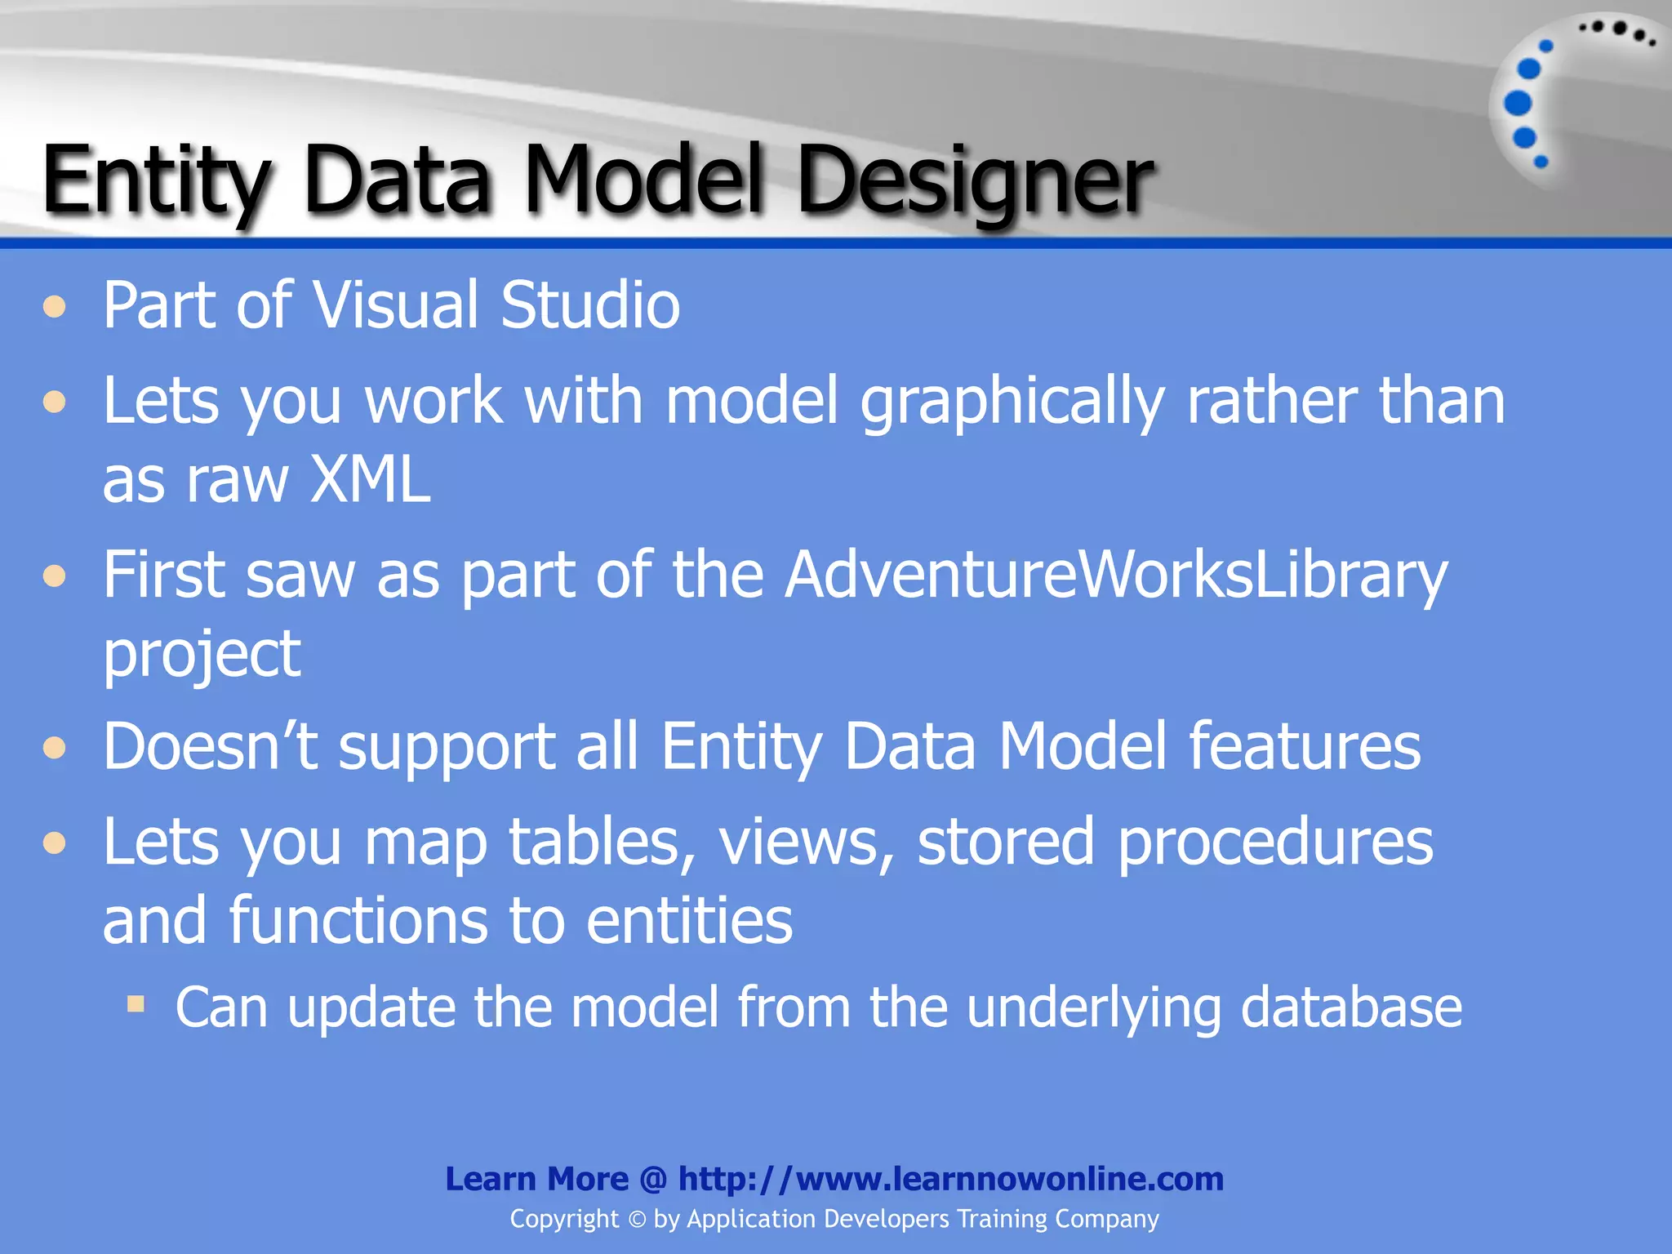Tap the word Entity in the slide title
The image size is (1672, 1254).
pyautogui.click(x=155, y=181)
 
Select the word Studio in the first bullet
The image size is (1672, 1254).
pyautogui.click(x=589, y=305)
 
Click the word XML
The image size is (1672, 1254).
pyautogui.click(x=370, y=480)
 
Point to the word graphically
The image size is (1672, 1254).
pyautogui.click(x=1012, y=402)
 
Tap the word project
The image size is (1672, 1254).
pyautogui.click(x=202, y=656)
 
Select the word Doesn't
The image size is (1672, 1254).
pyautogui.click(x=210, y=746)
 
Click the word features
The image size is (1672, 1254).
pyautogui.click(x=1304, y=746)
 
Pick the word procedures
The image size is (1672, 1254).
pyautogui.click(x=1274, y=842)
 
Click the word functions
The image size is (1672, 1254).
pyautogui.click(x=356, y=921)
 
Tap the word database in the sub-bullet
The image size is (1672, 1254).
pyautogui.click(x=1351, y=1007)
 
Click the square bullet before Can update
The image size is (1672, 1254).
pyautogui.click(x=136, y=1003)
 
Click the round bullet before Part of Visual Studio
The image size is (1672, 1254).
pyautogui.click(x=55, y=308)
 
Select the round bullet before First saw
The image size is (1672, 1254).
pyautogui.click(x=55, y=577)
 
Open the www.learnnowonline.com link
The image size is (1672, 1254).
pyautogui.click(x=950, y=1179)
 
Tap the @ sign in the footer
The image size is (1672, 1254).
pyautogui.click(x=653, y=1180)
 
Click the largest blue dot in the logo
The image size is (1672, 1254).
pyautogui.click(x=1518, y=104)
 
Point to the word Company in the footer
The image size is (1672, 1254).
pyautogui.click(x=1106, y=1220)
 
